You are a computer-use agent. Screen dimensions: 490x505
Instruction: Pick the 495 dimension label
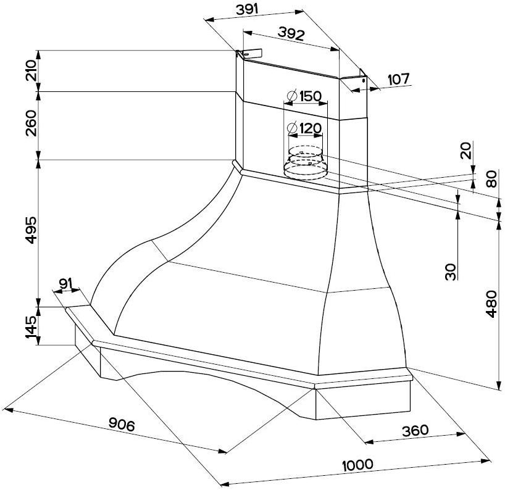tap(31, 230)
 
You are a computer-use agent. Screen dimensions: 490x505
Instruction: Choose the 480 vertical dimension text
tap(491, 304)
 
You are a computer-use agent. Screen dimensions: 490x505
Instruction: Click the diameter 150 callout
tap(305, 96)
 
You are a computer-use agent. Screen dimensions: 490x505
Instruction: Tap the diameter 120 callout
tap(305, 128)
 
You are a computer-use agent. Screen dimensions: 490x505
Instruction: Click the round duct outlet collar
tap(304, 164)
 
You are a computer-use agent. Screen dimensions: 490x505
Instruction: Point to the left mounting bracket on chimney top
tap(249, 55)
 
